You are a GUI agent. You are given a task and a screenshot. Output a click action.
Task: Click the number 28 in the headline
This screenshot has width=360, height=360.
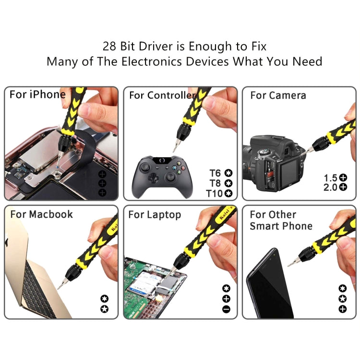pos(109,47)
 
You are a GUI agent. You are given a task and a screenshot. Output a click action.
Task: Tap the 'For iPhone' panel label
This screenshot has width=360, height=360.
pos(37,94)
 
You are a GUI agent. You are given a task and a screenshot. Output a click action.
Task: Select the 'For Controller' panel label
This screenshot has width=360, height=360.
pos(161,95)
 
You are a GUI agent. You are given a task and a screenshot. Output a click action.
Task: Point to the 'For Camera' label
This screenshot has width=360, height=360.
pos(278,95)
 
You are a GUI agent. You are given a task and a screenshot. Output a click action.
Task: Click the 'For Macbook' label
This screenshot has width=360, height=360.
pos(41,214)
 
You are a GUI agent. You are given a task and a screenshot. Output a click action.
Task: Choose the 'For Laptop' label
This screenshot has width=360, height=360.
pos(155,215)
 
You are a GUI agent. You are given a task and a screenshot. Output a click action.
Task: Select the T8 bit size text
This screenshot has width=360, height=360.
pos(216,183)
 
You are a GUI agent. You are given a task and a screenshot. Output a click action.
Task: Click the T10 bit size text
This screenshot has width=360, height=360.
pos(215,193)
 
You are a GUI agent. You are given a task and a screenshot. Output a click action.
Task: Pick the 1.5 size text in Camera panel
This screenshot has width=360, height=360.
pos(331,177)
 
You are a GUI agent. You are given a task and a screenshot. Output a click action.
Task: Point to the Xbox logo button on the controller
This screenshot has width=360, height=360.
pos(162,161)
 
